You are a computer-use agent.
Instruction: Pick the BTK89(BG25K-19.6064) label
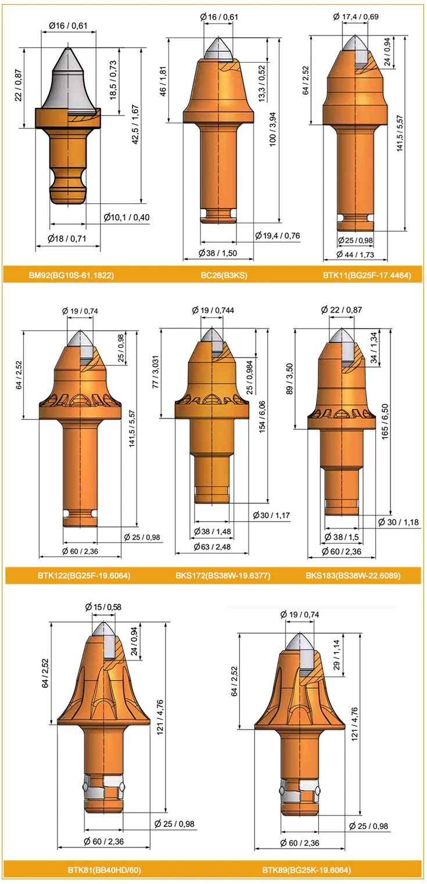point(306,869)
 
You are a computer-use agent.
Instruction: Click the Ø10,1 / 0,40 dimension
point(127,217)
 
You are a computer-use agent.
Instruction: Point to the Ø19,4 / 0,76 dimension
point(277,235)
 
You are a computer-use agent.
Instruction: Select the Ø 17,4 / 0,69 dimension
point(356,16)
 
